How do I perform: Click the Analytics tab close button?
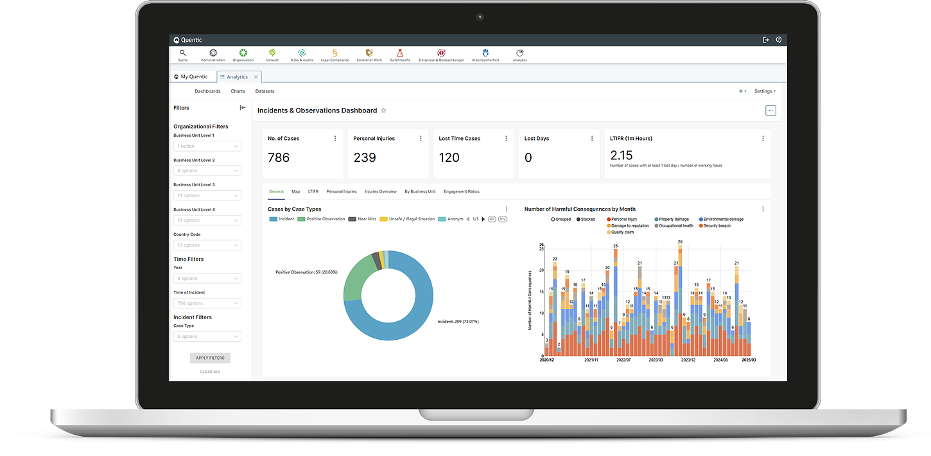coord(256,77)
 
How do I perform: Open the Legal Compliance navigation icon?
coord(335,53)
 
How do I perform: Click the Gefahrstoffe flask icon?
coord(400,53)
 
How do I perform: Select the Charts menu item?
coord(238,91)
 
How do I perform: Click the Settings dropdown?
coord(765,91)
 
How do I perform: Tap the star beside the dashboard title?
coord(384,110)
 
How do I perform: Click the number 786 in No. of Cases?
coord(279,157)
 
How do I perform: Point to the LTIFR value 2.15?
coord(621,155)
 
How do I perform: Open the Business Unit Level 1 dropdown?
coord(207,146)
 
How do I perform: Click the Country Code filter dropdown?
coord(207,245)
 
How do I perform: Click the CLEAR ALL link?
coord(210,372)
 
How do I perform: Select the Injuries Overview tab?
coord(381,191)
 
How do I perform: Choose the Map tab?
coord(296,191)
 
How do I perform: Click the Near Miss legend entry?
coord(363,219)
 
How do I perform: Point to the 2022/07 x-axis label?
coord(623,360)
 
